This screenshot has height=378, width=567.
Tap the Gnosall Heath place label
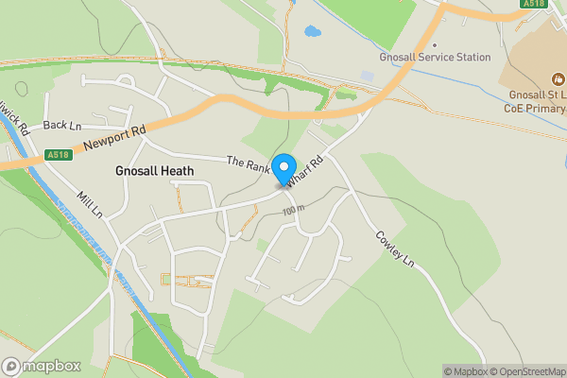(154, 171)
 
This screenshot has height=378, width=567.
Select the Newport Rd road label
(113, 138)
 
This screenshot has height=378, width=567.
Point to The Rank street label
(248, 163)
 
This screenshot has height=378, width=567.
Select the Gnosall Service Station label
(435, 58)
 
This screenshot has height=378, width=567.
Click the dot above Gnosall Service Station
(435, 44)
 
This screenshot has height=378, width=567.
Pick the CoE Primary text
(537, 111)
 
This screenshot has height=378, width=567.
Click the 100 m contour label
(294, 209)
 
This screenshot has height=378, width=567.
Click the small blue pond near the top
(312, 32)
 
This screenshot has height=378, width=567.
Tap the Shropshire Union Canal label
(90, 241)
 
